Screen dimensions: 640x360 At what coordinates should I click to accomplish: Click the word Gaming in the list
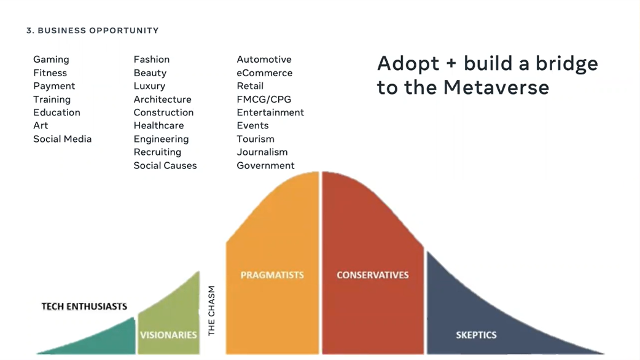point(51,60)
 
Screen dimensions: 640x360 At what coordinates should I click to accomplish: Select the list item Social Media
point(63,139)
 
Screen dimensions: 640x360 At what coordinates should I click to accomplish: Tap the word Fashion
point(152,60)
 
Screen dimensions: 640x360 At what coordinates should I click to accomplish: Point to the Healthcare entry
point(159,126)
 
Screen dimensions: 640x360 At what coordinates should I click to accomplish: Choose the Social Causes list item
point(165,165)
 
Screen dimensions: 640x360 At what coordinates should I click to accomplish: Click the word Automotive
point(264,60)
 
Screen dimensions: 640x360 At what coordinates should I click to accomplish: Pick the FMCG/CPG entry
point(264,100)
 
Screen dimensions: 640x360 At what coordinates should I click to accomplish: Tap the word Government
point(266,165)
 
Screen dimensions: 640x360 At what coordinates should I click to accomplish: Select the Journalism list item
point(262,152)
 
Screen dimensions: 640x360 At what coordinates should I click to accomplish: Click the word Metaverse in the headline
point(496,87)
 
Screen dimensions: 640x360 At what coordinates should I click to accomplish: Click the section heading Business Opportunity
point(93,31)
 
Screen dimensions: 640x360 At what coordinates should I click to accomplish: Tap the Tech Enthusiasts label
point(84,307)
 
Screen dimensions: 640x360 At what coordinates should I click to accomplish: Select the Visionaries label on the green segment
point(168,335)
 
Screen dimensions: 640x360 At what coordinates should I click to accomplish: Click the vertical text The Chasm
point(211,311)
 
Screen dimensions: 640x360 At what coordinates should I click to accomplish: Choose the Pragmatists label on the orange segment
point(272,275)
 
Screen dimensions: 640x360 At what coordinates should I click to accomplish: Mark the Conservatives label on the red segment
point(373,275)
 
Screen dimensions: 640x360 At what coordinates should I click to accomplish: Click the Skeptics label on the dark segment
point(477,335)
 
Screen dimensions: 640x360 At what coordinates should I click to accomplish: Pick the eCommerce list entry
point(265,73)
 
